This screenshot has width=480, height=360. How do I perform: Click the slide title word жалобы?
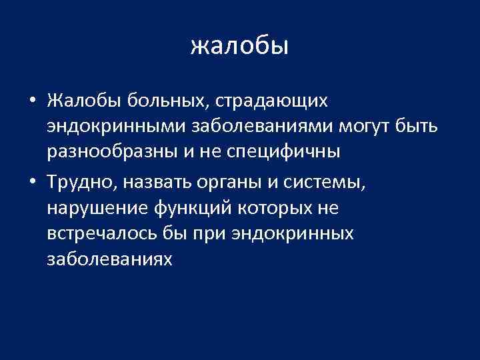239,45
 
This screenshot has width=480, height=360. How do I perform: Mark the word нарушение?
100,208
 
